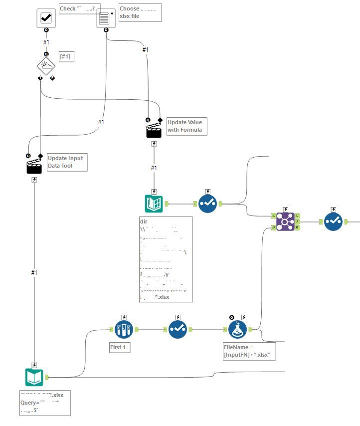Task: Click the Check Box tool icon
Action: pyautogui.click(x=46, y=18)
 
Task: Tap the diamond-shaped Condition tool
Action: pyautogui.click(x=46, y=65)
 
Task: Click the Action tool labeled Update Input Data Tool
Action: pyautogui.click(x=34, y=166)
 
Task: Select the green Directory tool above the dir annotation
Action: pyautogui.click(x=154, y=204)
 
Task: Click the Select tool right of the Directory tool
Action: pyautogui.click(x=207, y=204)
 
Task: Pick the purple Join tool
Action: pyautogui.click(x=285, y=221)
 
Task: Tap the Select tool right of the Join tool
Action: pyautogui.click(x=333, y=221)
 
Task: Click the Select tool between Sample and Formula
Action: pyautogui.click(x=178, y=329)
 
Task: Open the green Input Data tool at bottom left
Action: pyautogui.click(x=34, y=377)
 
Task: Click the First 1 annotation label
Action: pyautogui.click(x=120, y=347)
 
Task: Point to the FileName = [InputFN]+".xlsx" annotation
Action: pyautogui.click(x=249, y=350)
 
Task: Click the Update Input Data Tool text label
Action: pyautogui.click(x=67, y=162)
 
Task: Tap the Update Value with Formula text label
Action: pyautogui.click(x=186, y=126)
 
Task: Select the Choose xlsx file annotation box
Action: pyautogui.click(x=140, y=12)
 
